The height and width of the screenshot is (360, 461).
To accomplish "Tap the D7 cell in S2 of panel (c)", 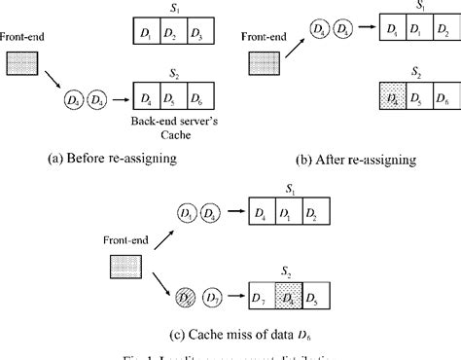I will tap(261, 293).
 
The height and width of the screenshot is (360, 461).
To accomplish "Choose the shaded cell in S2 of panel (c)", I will tap(287, 293).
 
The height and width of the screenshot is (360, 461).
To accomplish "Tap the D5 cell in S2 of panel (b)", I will tap(418, 99).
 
